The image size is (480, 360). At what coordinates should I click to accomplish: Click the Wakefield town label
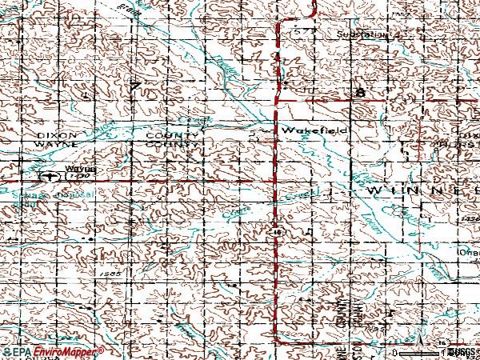click(x=302, y=129)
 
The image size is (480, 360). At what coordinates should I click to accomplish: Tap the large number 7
click(x=137, y=86)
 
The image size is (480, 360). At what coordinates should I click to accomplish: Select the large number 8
click(x=361, y=94)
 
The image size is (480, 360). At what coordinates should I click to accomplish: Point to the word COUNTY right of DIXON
click(x=166, y=136)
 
